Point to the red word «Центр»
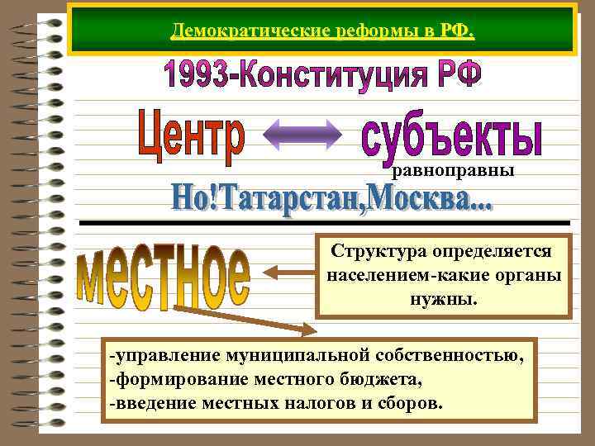click(190, 137)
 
